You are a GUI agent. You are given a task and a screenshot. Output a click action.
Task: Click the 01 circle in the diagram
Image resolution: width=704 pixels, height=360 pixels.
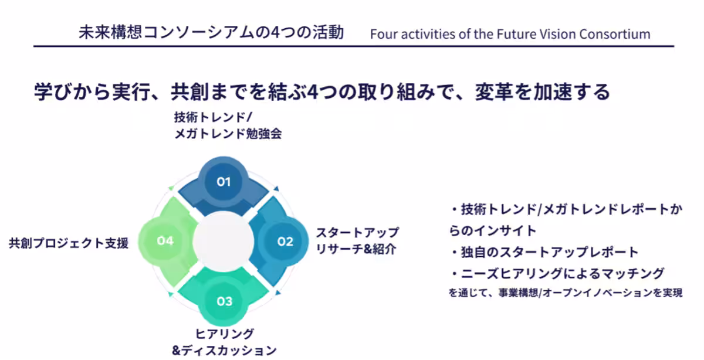coord(224,182)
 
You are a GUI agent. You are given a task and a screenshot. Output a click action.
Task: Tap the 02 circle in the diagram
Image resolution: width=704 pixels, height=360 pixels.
coord(285,241)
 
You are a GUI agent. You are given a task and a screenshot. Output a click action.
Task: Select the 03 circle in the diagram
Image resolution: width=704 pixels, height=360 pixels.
coord(224,301)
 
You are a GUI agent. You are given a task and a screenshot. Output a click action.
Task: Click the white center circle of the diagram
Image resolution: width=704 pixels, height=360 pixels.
coord(223,241)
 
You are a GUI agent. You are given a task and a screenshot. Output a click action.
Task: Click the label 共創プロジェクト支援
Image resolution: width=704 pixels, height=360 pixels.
coord(69,243)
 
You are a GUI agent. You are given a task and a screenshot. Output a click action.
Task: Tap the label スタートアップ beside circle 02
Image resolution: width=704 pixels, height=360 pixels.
coord(357,233)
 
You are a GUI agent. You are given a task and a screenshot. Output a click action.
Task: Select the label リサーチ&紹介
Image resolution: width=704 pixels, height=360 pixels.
coord(356,249)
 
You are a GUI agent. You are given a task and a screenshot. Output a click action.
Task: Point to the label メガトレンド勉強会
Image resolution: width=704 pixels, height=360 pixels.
coord(228,134)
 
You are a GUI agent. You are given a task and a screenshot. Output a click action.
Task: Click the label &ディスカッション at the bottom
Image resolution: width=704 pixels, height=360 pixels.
coord(224,351)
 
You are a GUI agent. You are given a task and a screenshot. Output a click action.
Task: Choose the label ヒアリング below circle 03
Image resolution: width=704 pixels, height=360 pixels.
coord(224,334)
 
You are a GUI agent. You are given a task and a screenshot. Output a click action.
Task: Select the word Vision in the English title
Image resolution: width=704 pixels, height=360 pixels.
coord(557,34)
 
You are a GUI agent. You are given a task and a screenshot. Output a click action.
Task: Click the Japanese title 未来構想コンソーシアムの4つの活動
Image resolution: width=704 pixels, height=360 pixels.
coord(211,32)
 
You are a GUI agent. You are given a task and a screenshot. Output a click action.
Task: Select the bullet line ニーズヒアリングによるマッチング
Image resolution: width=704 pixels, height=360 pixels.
coord(557,273)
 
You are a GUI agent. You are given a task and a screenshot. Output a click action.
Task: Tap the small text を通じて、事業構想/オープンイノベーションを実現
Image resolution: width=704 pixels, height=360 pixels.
coord(566,293)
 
